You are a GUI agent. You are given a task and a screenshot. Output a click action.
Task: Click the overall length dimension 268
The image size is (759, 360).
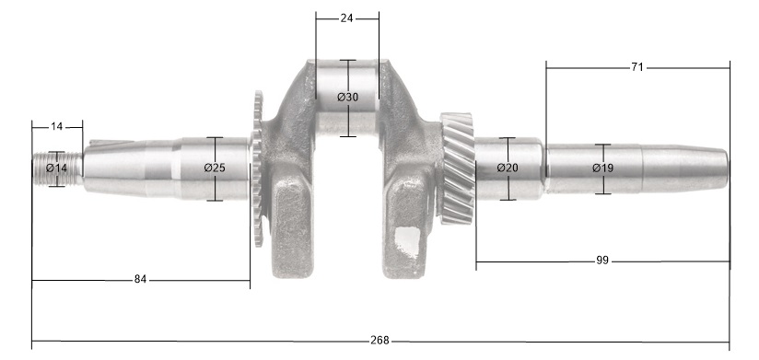tap(379, 341)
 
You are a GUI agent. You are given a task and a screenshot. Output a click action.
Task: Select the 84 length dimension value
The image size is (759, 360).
tap(140, 279)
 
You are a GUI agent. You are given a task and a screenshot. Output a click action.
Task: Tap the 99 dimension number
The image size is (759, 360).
tap(601, 261)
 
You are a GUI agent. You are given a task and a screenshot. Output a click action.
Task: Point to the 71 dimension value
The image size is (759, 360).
tap(637, 67)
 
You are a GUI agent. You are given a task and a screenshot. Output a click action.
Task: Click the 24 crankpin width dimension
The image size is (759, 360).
tap(346, 18)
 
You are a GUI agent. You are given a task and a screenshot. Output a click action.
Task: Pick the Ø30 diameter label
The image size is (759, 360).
tap(348, 98)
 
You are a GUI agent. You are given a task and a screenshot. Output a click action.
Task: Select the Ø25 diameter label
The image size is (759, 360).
tap(215, 168)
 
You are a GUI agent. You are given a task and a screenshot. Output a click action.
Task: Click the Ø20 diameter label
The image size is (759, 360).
tap(508, 168)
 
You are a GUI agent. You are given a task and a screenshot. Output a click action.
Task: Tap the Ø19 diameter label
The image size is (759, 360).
tap(602, 168)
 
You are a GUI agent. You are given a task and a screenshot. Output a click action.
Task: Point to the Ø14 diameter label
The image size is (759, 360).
tap(56, 168)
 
